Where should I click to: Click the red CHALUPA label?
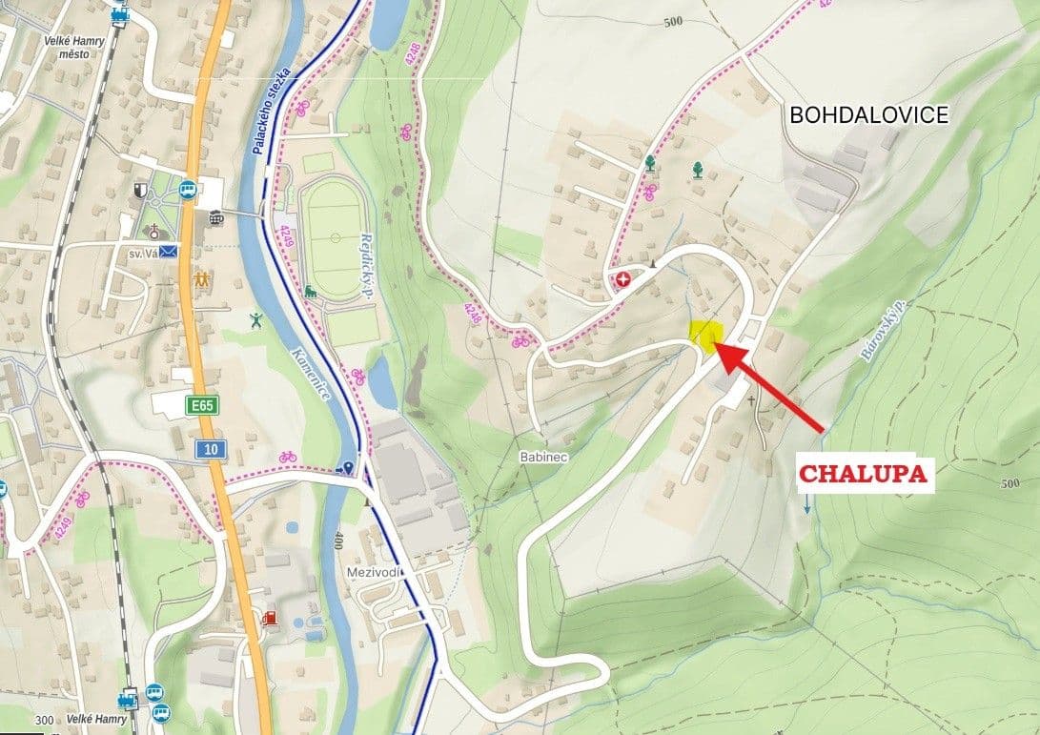point(864,475)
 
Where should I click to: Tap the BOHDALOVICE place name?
point(868,115)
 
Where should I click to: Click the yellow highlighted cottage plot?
point(705,336)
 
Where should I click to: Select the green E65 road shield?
point(202,406)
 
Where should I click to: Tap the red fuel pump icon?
point(271,618)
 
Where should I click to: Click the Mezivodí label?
point(377,572)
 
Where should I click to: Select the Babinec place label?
point(544,458)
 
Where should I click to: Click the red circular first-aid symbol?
point(623,279)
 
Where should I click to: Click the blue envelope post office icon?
point(169,252)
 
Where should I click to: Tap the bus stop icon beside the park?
point(188,190)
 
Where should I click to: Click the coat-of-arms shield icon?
point(141,190)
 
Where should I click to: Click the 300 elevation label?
point(42,721)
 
